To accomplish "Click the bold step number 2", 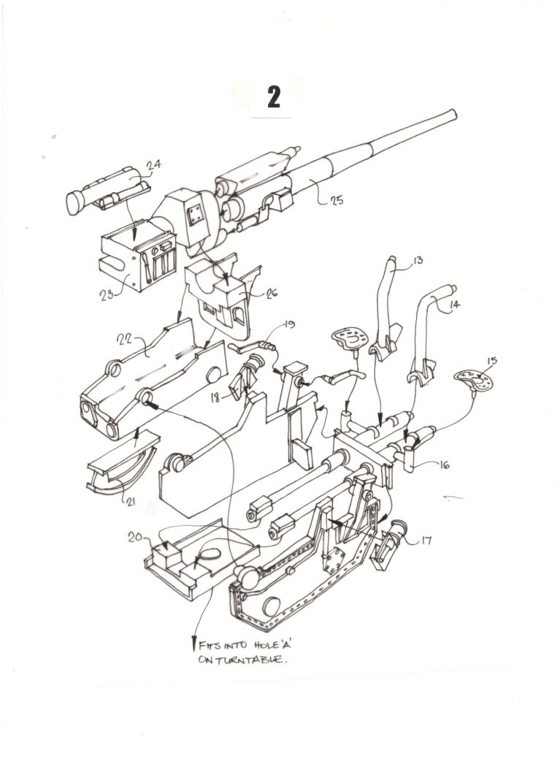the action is pyautogui.click(x=273, y=97).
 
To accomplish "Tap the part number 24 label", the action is pyautogui.click(x=153, y=164).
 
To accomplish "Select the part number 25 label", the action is pyautogui.click(x=337, y=199).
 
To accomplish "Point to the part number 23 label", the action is pyautogui.click(x=107, y=294).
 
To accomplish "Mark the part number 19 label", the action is pyautogui.click(x=290, y=324).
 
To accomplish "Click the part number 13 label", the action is pyautogui.click(x=418, y=260).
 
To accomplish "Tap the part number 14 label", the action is pyautogui.click(x=454, y=305).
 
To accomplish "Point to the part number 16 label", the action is pyautogui.click(x=444, y=465).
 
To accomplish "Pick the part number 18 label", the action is pyautogui.click(x=215, y=397).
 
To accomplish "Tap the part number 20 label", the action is pyautogui.click(x=135, y=537).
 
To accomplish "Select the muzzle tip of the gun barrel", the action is pyautogui.click(x=454, y=115).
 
